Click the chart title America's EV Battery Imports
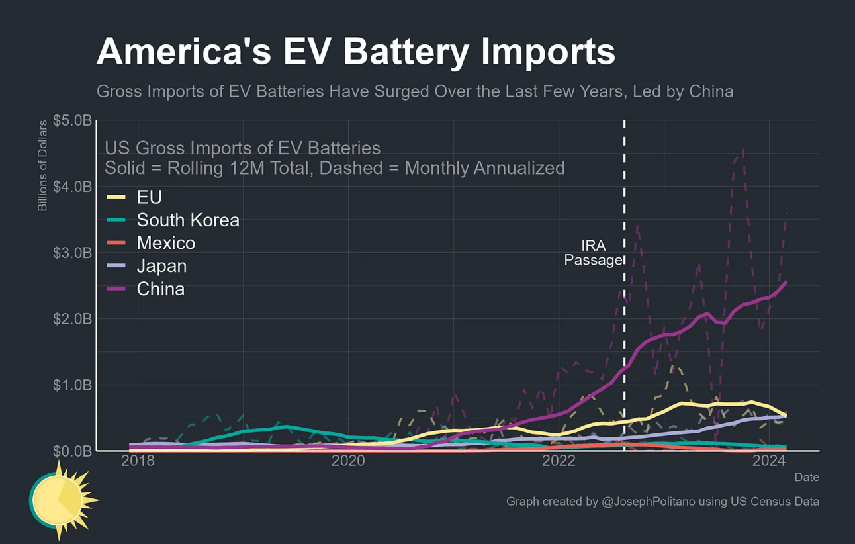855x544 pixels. (355, 52)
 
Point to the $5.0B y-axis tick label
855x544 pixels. (72, 121)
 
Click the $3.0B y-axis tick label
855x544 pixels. (72, 253)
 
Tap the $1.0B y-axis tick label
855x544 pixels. (72, 385)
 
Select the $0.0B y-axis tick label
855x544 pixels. (72, 451)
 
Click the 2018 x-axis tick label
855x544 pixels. (138, 461)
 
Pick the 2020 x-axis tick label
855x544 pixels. (348, 461)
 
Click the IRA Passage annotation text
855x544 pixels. (593, 253)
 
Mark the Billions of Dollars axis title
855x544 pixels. (43, 165)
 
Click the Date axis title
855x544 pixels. (807, 477)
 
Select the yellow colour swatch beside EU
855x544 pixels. (116, 197)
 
